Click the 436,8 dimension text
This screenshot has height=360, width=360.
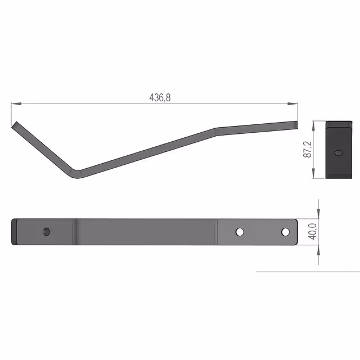coord(160,97)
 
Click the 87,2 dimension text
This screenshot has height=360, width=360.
coord(308,149)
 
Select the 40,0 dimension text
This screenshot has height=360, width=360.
coord(313,231)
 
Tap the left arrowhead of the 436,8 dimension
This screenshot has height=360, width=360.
coord(16,103)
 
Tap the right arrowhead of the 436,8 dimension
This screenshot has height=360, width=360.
coord(292,103)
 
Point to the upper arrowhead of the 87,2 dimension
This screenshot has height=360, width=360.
coord(314,126)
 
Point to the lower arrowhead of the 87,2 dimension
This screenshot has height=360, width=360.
coord(314,173)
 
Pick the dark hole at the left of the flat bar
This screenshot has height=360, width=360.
coord(47,232)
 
